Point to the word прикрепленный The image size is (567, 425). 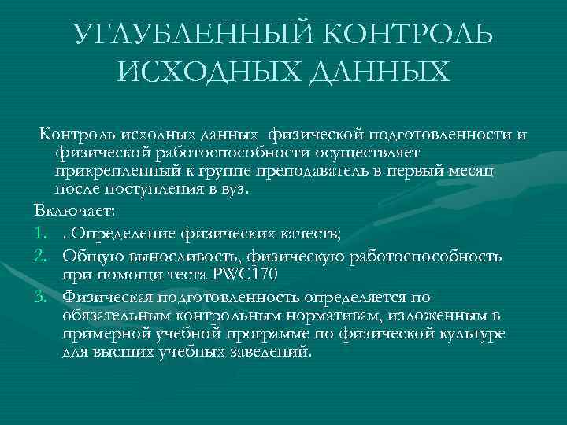point(118,170)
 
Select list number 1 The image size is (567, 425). point(41,234)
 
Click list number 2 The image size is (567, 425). point(41,255)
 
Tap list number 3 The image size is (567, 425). point(41,296)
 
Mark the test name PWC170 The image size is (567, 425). point(246,275)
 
